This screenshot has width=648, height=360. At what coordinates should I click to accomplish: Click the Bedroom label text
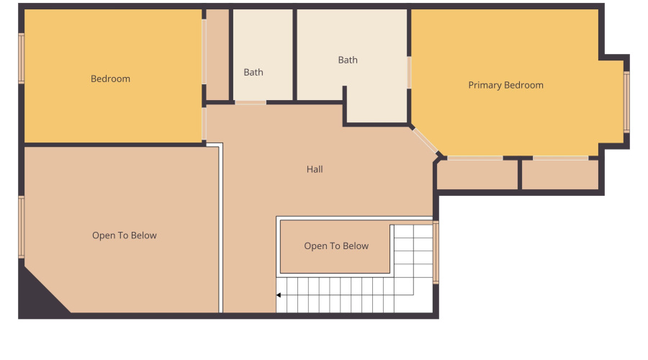[110, 78]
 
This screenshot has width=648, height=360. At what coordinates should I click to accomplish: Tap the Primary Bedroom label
[505, 85]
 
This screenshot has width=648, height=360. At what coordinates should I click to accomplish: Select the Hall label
[315, 169]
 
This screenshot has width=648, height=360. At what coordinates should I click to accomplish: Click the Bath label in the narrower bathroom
[253, 72]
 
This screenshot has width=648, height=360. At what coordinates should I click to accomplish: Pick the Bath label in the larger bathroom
[348, 60]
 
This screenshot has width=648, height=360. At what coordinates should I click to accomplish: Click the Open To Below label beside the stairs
[336, 246]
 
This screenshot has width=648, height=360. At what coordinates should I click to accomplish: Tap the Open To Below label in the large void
[124, 235]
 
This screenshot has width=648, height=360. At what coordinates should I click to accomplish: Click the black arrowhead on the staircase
[279, 294]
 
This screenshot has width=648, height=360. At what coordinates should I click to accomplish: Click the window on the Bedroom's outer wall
[22, 58]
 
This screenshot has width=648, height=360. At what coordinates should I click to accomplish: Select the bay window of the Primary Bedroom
[626, 102]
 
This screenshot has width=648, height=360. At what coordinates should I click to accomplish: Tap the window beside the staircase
[436, 252]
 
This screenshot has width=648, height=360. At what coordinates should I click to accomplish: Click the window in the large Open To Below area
[22, 227]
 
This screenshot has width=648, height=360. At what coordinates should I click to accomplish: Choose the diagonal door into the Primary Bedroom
[424, 141]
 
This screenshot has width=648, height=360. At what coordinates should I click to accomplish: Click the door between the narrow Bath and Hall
[250, 102]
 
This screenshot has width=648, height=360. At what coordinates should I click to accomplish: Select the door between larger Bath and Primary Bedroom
[409, 73]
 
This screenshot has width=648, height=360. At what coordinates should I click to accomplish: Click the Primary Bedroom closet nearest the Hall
[477, 175]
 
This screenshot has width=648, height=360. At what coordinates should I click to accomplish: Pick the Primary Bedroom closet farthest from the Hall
[560, 175]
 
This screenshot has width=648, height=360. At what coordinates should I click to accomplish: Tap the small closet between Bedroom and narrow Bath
[217, 55]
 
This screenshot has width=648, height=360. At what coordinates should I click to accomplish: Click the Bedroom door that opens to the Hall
[204, 123]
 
